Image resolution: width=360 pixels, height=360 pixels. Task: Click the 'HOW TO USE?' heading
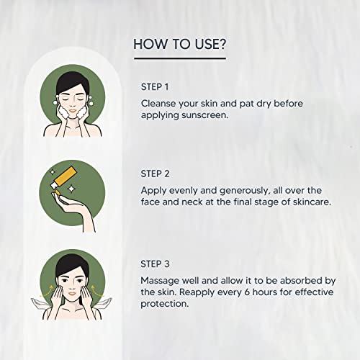180,44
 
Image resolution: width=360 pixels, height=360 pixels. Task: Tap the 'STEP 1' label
156,87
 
